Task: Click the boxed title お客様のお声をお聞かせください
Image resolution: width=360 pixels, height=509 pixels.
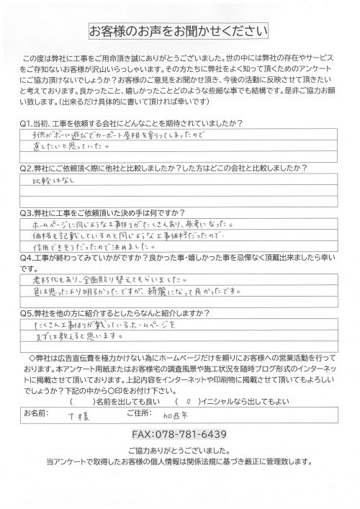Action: point(179,31)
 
